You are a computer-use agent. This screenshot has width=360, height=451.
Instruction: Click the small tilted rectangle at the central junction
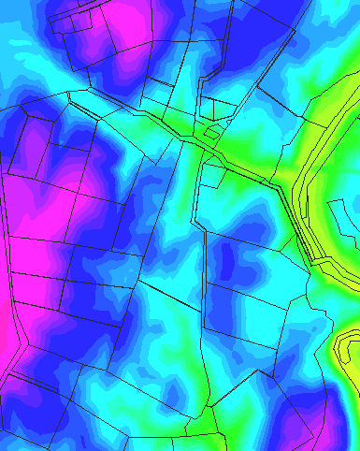coord(212,137)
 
